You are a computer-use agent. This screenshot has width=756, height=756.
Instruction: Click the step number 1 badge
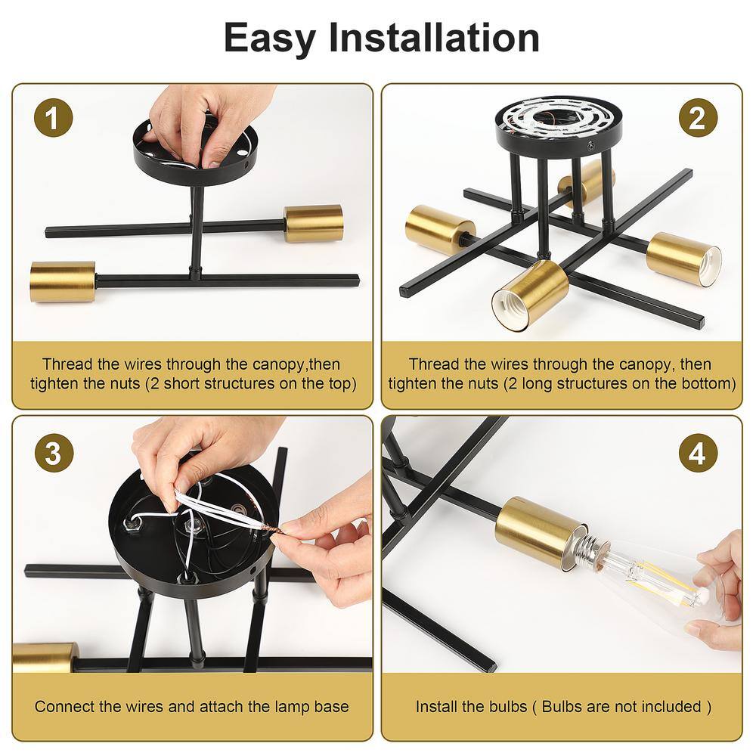[x=54, y=118]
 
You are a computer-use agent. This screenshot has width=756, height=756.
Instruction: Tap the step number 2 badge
[x=698, y=118]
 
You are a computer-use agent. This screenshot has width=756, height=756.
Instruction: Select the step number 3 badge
[x=54, y=454]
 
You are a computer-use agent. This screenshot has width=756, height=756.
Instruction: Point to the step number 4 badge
[x=698, y=454]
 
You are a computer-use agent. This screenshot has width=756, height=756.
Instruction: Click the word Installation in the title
[x=434, y=38]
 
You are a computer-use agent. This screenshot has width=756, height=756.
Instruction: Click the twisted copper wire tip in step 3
[x=272, y=532]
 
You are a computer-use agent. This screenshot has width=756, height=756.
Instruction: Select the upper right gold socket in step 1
[x=314, y=224]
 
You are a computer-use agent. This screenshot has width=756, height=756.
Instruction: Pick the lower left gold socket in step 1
[x=63, y=281]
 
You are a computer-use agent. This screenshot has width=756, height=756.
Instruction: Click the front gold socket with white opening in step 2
[x=531, y=295]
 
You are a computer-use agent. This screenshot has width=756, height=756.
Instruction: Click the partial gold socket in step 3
[x=45, y=657]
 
